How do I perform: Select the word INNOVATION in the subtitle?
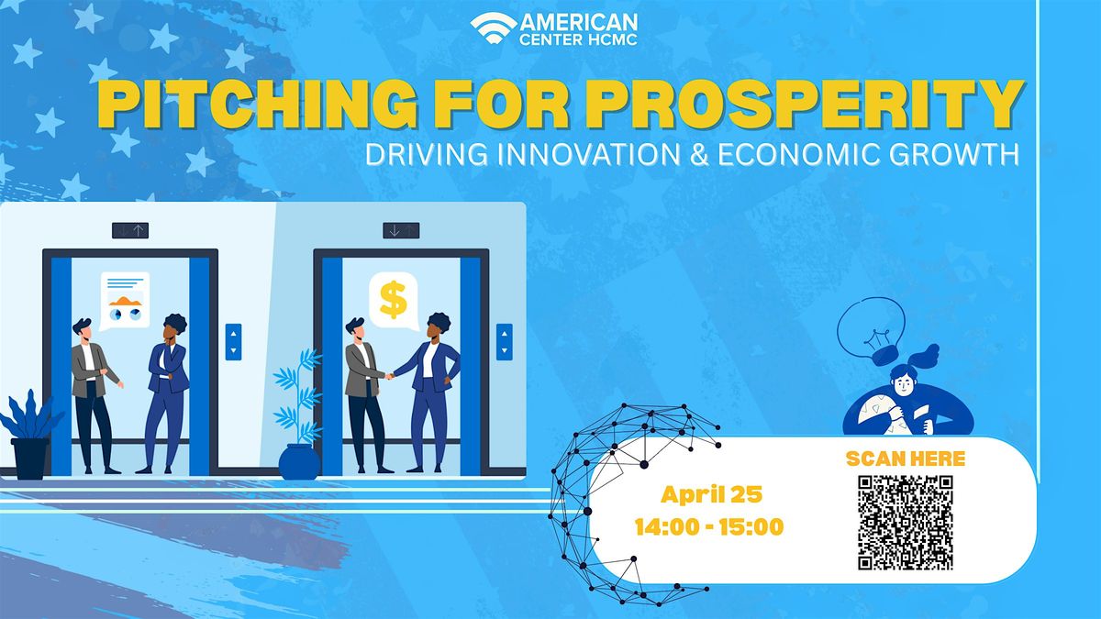click(562, 153)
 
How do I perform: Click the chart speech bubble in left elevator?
click(125, 300)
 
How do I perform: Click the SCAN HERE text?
click(905, 459)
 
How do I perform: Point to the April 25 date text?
click(711, 496)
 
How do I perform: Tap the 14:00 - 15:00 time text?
click(710, 527)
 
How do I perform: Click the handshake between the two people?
click(389, 375)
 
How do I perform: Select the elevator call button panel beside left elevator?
click(233, 340)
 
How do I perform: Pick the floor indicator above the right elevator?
click(401, 230)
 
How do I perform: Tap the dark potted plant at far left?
click(29, 436)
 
